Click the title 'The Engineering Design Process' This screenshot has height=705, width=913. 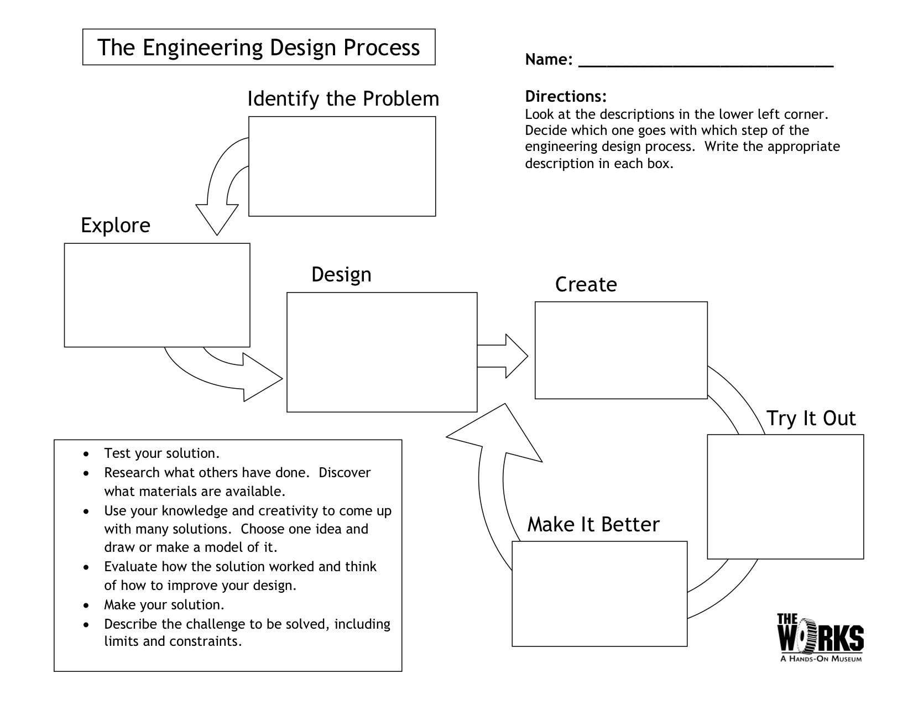(x=258, y=48)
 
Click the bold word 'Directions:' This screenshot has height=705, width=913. (x=566, y=97)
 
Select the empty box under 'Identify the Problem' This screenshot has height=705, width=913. (x=342, y=166)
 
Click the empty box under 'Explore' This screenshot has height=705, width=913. (x=157, y=295)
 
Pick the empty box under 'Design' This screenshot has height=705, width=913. (x=382, y=352)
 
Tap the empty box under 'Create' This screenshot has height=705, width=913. (x=621, y=350)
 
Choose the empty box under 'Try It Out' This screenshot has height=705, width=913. (x=785, y=496)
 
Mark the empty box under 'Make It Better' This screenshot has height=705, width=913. (x=599, y=593)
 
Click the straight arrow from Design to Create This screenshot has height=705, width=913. (x=502, y=356)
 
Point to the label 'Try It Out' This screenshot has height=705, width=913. (x=811, y=419)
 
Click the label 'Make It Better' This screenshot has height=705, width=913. (x=593, y=524)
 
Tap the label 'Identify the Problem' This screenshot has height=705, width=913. (x=343, y=99)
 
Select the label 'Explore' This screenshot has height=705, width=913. (x=116, y=226)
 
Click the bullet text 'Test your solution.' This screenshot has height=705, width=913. (x=162, y=453)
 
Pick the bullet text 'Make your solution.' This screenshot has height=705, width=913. (x=164, y=604)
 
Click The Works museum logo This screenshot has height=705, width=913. (x=820, y=634)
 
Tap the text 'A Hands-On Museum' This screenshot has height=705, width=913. (x=821, y=659)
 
